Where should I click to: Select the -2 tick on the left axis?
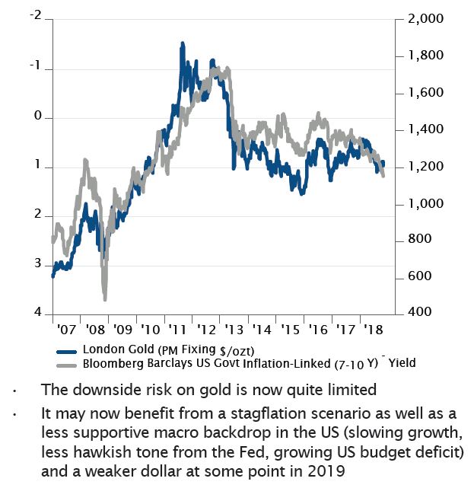[34, 15]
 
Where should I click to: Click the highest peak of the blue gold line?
[183, 44]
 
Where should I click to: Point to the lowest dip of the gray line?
[105, 298]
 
